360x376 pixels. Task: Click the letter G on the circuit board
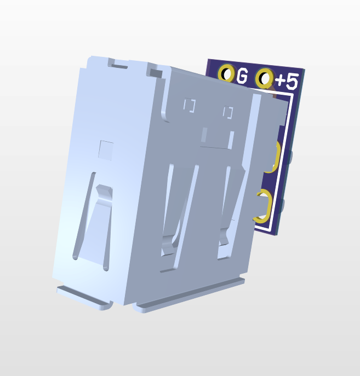[242, 76]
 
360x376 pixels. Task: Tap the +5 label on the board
[287, 81]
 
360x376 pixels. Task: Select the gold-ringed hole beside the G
[226, 72]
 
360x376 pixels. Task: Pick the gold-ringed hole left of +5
[265, 78]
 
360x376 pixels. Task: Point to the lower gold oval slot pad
[267, 206]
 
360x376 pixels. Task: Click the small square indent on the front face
[106, 151]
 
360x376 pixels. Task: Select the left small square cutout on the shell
[190, 105]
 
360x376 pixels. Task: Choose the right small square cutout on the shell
[228, 112]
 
